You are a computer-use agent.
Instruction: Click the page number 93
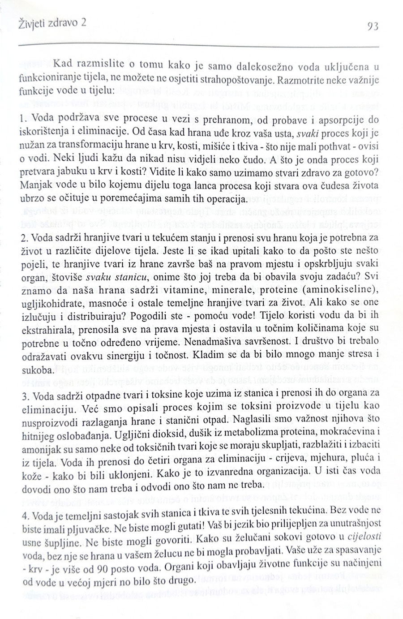click(x=373, y=26)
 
